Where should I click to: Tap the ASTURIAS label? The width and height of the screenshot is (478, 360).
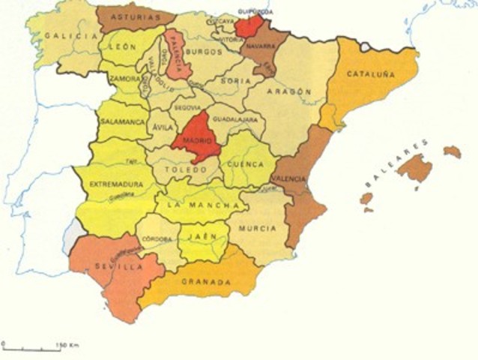coord(136,16)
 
